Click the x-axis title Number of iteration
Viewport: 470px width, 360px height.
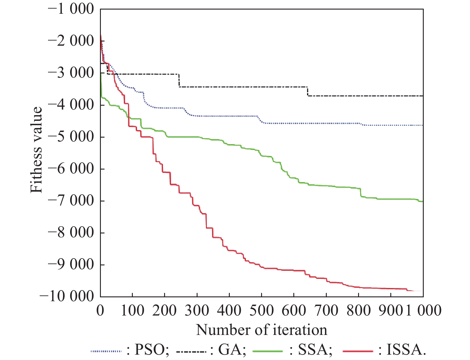[x=261, y=330]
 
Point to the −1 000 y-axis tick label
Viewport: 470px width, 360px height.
[x=71, y=9]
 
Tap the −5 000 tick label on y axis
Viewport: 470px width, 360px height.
[x=71, y=137]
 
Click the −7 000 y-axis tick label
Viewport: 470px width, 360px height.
[x=71, y=201]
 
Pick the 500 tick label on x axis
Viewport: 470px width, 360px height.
[x=261, y=310]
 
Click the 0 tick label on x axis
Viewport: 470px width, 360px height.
[x=100, y=310]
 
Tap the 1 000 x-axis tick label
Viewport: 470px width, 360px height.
[x=423, y=310]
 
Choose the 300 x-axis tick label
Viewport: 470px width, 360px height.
[x=197, y=310]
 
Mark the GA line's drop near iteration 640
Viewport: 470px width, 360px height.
[x=307, y=91]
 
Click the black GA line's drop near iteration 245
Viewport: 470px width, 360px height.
[x=179, y=80]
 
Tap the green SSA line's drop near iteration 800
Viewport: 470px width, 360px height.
[x=361, y=193]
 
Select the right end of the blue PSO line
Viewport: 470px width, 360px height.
[x=423, y=125]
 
